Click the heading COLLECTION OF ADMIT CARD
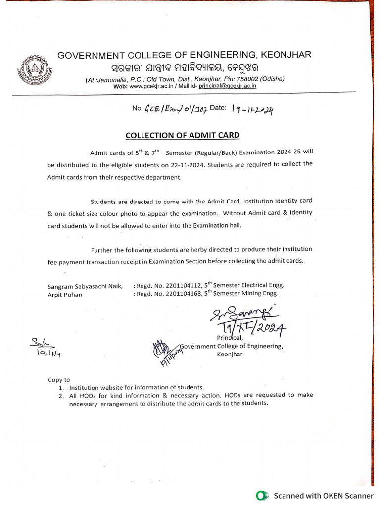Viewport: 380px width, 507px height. point(183,135)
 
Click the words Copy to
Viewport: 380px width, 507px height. point(59,380)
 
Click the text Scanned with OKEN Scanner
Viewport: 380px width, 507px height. point(324,495)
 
